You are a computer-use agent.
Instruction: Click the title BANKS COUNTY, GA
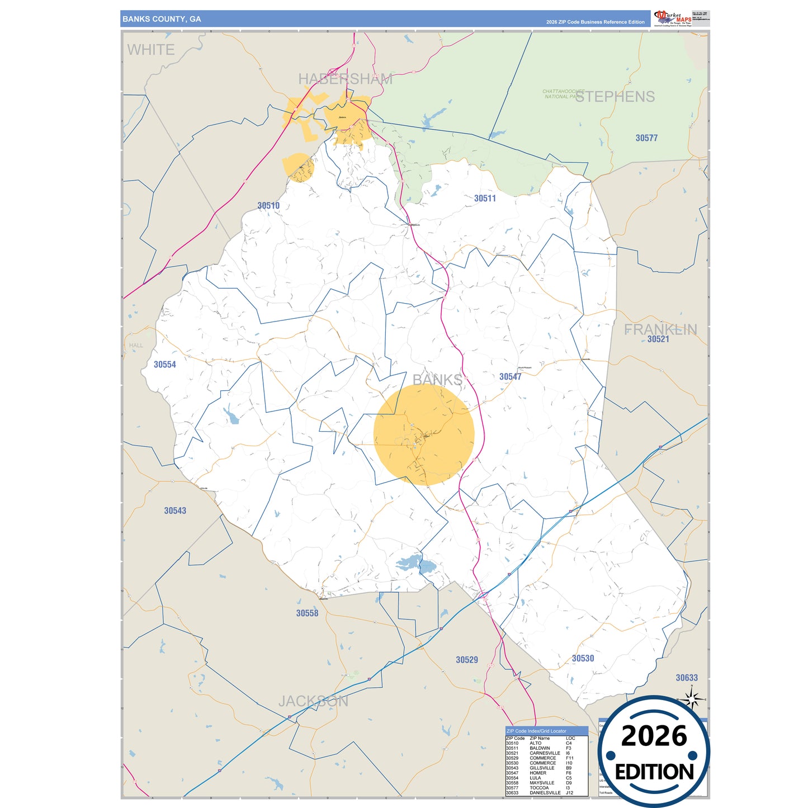tap(162, 19)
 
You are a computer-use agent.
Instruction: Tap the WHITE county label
tap(151, 50)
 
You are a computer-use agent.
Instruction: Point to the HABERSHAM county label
tap(345, 79)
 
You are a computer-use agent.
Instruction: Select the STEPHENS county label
tap(615, 97)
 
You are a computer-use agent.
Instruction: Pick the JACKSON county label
tap(313, 701)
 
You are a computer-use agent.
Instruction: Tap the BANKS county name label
tap(437, 380)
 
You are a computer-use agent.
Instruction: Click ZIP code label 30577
tap(646, 138)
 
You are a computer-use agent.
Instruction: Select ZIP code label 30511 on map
tap(485, 199)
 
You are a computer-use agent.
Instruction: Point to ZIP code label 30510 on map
tap(268, 206)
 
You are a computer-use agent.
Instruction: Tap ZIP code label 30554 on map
tap(165, 365)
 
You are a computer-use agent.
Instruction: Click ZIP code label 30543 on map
tap(175, 511)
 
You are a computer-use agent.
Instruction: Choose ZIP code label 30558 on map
tap(307, 613)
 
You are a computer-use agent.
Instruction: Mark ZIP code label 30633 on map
tap(687, 678)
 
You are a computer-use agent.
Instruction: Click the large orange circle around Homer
tap(424, 434)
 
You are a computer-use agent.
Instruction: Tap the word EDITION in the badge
tap(654, 772)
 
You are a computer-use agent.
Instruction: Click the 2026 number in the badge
tap(654, 736)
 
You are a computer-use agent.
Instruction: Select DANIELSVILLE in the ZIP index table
tap(545, 792)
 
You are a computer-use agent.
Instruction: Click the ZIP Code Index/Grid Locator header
tap(536, 731)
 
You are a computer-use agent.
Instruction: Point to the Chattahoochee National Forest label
tap(563, 94)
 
